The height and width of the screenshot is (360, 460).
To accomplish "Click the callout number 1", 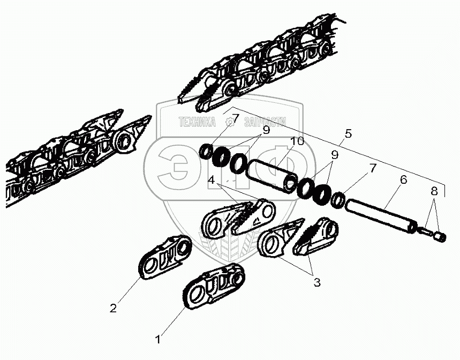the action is [x=157, y=339].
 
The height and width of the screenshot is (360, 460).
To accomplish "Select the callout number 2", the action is [x=113, y=308].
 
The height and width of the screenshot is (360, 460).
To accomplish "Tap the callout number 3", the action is [x=317, y=282].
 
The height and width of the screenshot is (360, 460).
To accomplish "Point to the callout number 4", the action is [x=212, y=181].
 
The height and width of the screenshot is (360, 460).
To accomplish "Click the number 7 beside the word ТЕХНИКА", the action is [x=236, y=117].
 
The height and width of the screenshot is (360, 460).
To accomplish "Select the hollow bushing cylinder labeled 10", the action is [x=273, y=172].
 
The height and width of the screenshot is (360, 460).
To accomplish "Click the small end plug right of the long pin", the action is [x=439, y=236].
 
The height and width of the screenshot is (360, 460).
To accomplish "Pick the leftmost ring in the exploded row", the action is [x=206, y=152].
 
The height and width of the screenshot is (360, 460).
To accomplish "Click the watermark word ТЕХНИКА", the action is [x=196, y=123].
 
